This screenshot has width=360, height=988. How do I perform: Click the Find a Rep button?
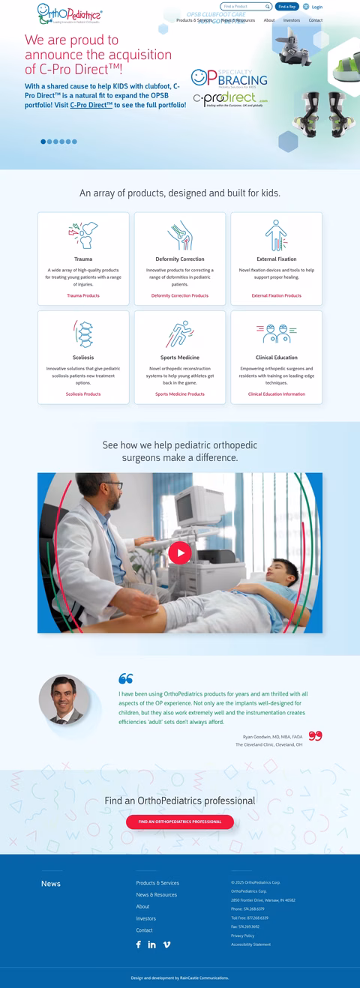287,7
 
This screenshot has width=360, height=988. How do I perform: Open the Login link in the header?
316,7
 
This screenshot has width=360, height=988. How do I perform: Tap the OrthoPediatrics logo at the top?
69,12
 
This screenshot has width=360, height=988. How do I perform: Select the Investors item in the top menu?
292,20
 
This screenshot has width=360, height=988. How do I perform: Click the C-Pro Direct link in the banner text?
91,106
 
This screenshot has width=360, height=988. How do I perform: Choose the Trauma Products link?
83,295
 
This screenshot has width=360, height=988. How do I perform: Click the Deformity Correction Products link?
180,295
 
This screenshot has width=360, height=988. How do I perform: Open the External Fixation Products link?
277,295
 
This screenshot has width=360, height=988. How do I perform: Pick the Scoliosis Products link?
83,394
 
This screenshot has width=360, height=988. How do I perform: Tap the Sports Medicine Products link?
180,394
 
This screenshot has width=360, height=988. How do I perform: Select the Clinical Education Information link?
277,394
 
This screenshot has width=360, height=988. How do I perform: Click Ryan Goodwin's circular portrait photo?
64,700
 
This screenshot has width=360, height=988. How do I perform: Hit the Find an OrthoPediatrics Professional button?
180,822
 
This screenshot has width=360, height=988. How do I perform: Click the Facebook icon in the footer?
138,945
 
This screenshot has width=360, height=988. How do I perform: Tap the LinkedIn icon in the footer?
152,945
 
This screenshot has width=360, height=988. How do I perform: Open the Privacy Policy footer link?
242,936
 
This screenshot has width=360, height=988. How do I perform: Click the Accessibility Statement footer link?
250,945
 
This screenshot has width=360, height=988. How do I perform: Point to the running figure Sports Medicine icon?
180,334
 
